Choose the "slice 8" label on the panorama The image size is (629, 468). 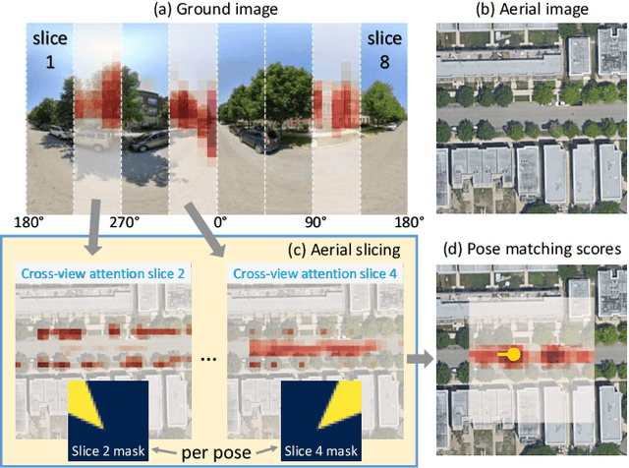(384, 48)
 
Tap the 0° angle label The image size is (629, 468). (220, 222)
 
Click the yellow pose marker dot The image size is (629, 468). (513, 354)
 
